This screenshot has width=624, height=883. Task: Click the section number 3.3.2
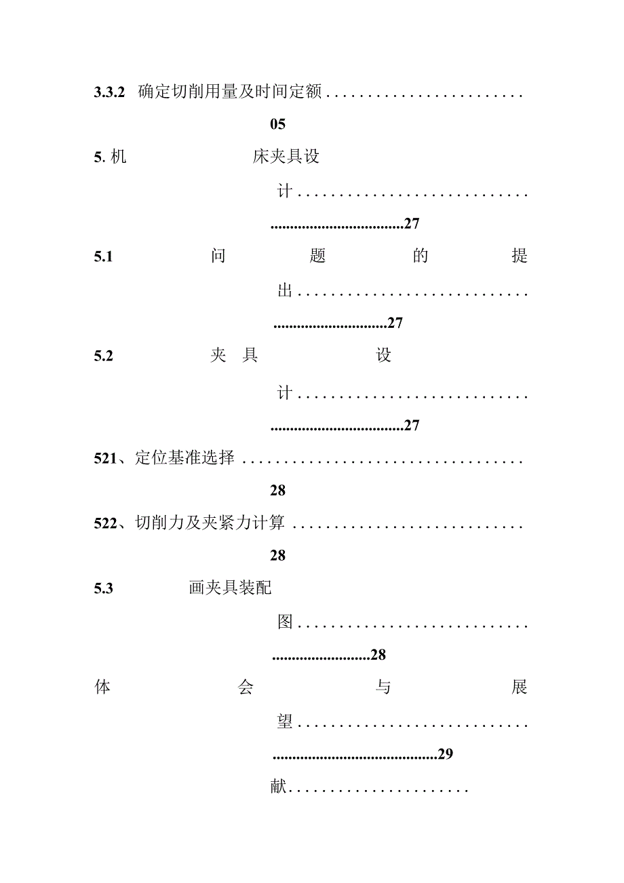point(109,92)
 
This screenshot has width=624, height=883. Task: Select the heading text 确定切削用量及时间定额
point(230,92)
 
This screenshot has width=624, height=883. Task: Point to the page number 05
point(277,124)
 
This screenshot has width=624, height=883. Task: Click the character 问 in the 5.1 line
point(218,257)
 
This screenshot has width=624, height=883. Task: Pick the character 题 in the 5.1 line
point(317,257)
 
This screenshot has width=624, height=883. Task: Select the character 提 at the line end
point(520,257)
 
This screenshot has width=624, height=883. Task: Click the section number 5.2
point(104,356)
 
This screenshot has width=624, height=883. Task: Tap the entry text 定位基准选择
point(184,458)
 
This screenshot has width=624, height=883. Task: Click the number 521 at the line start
point(105,458)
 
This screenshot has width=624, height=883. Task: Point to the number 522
point(105,523)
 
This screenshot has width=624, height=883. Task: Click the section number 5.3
point(104,588)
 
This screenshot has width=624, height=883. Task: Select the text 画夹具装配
point(230,588)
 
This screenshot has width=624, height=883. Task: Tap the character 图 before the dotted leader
point(285,622)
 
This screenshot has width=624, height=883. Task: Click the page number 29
point(445,754)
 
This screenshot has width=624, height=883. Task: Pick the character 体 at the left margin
point(102,688)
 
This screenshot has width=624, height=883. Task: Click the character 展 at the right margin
point(520,688)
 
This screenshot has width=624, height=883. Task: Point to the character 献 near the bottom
point(278,789)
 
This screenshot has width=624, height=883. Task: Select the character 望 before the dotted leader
point(285,722)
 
